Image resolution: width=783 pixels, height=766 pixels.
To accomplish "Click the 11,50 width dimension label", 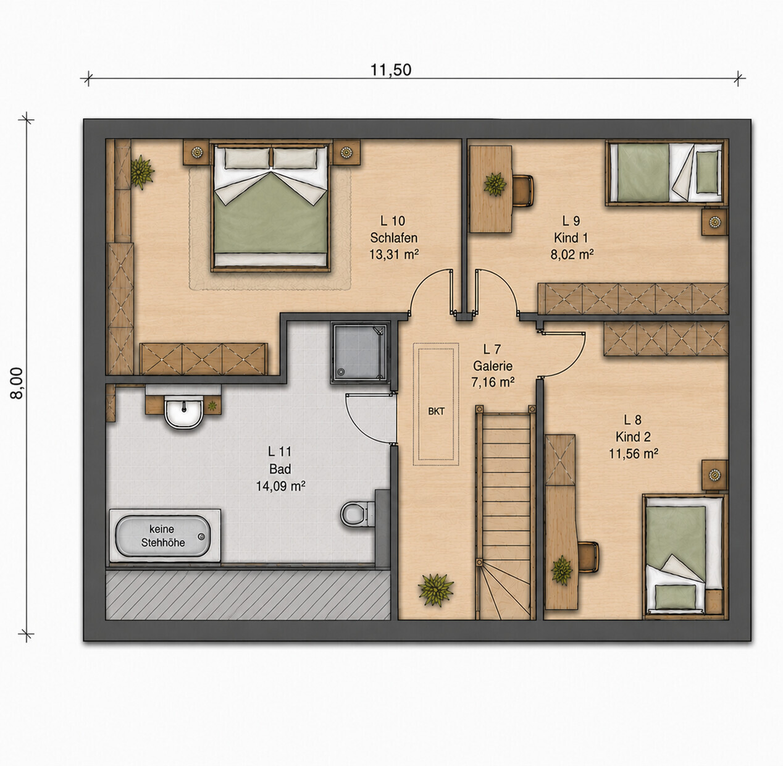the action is [391, 70].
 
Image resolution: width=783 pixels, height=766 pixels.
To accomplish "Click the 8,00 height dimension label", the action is [17, 383].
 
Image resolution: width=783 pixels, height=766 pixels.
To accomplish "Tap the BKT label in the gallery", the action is [437, 411].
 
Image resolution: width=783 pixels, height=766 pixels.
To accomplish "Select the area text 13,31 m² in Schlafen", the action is [394, 255].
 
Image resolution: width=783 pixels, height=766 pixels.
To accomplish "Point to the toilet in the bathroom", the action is [358, 513].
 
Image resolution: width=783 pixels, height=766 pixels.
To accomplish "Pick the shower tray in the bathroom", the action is [361, 352].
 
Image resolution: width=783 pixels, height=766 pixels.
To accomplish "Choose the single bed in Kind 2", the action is [684, 557].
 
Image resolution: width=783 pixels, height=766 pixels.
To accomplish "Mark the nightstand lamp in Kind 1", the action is [714, 222].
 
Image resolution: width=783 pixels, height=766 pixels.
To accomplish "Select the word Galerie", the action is [493, 366].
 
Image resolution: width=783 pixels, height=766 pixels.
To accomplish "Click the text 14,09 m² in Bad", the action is [280, 486].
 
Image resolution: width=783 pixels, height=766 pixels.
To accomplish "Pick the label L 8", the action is [632, 420].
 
